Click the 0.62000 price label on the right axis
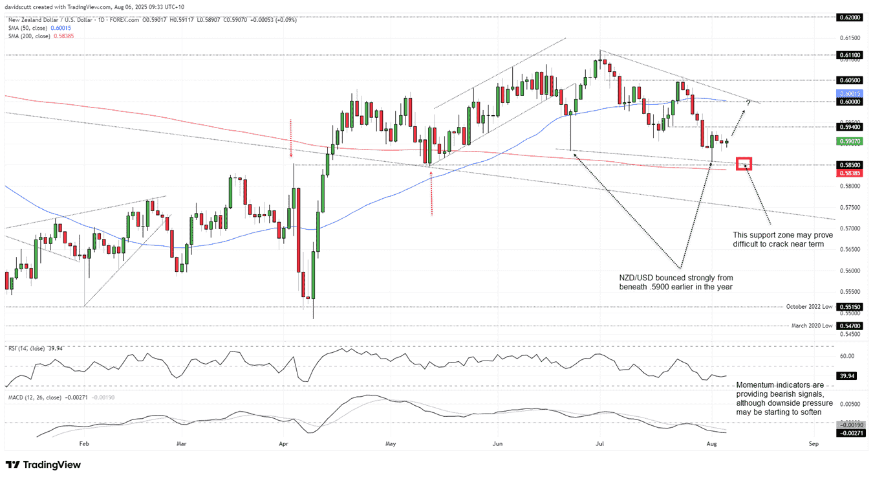(x=849, y=17)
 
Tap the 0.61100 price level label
(x=849, y=56)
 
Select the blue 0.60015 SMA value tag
(x=849, y=94)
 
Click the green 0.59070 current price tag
(x=849, y=141)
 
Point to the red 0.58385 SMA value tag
(x=849, y=173)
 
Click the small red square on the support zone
(x=744, y=164)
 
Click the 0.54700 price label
(x=849, y=326)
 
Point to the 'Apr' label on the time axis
(x=283, y=444)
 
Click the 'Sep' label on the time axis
(x=814, y=444)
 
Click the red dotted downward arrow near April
(x=291, y=139)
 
